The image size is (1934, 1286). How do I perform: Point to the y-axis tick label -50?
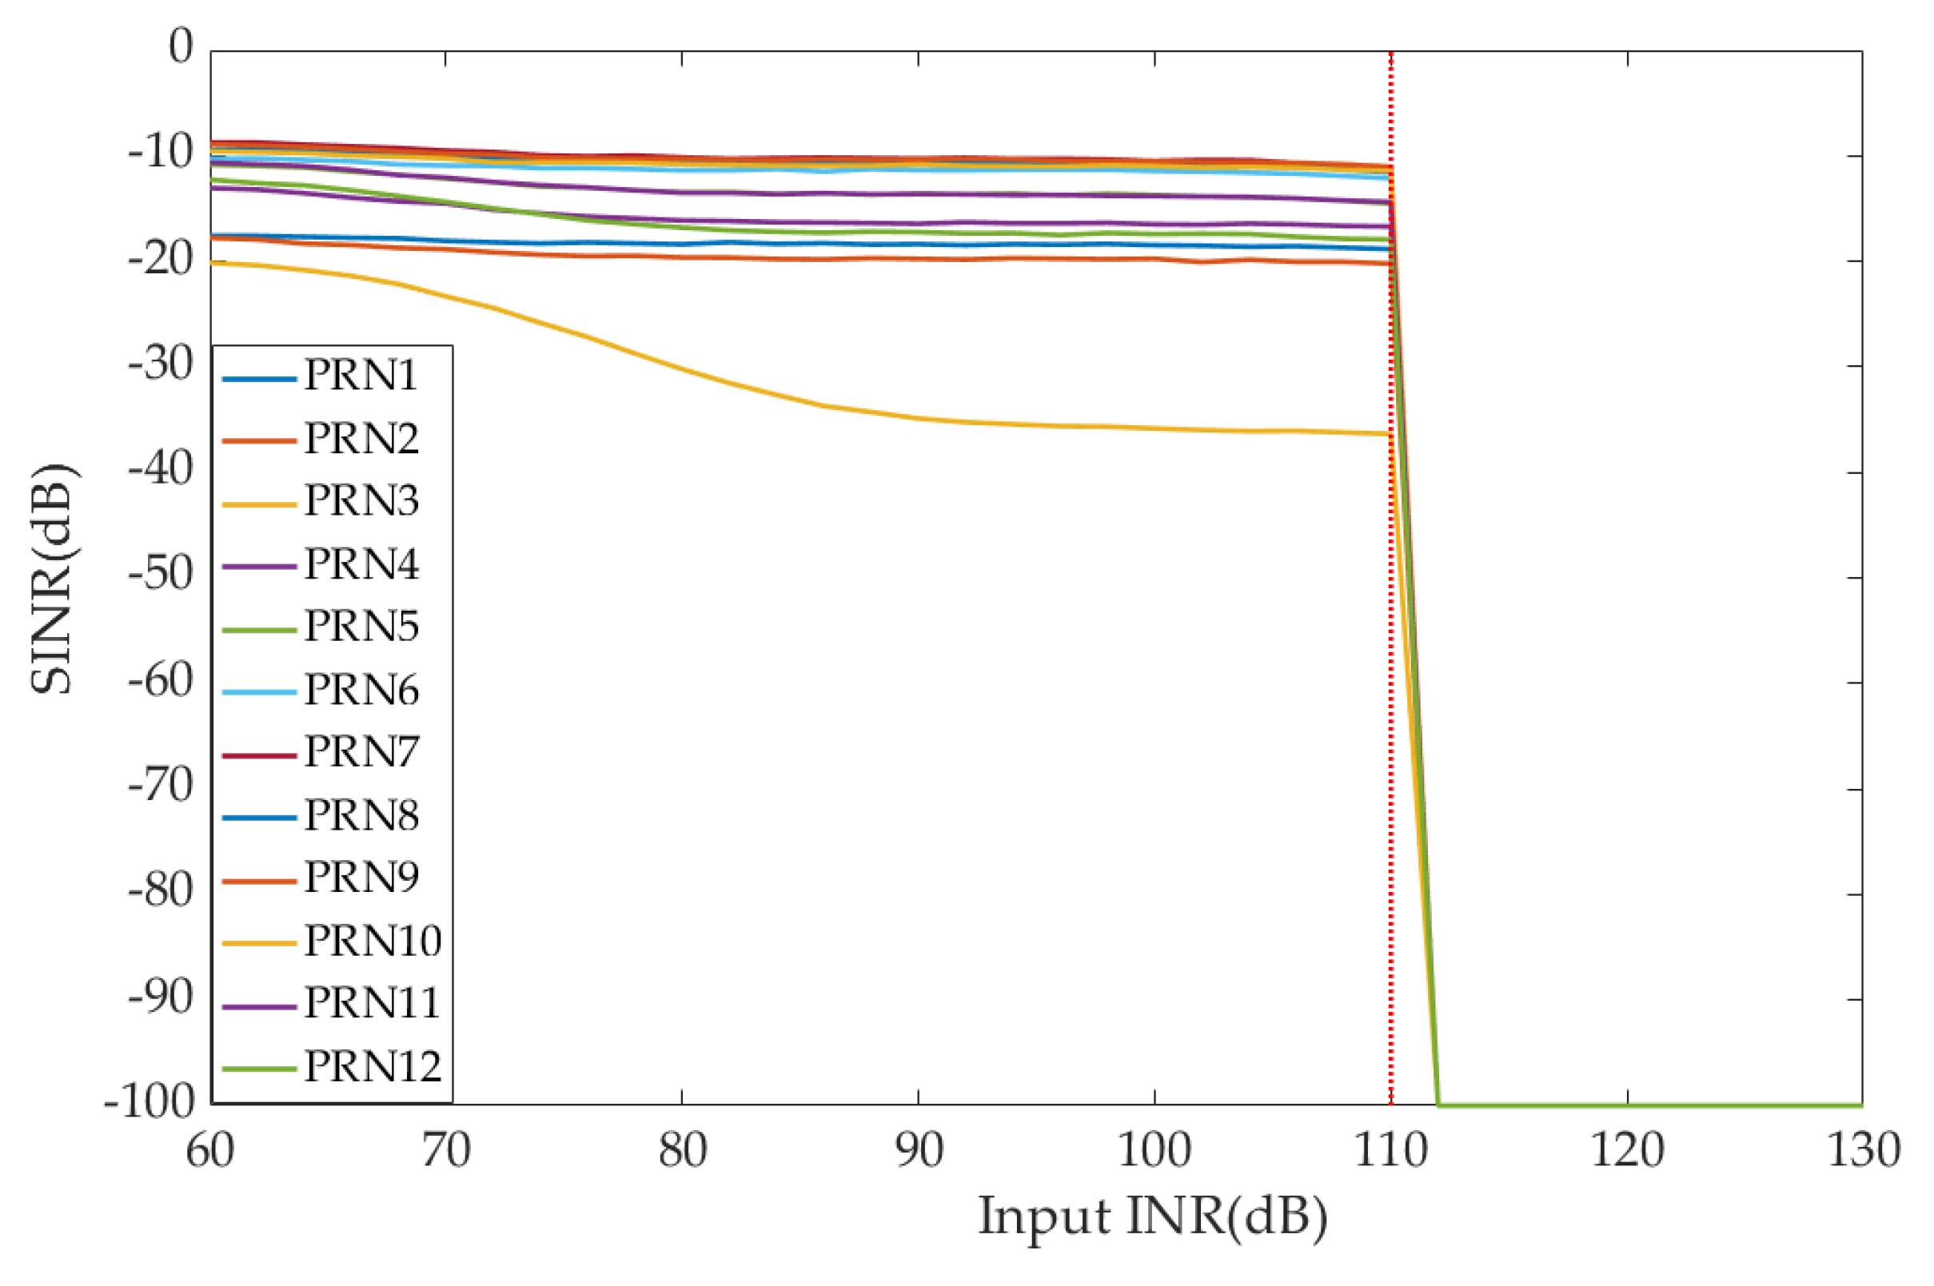161,573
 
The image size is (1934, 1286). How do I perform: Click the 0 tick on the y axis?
181,46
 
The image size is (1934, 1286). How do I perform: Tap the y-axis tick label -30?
161,364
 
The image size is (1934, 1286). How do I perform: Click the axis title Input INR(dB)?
1152,1217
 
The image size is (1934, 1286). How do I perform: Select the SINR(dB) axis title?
53,578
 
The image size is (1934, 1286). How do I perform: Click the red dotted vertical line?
1391,656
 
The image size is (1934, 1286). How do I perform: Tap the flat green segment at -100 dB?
1641,1105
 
